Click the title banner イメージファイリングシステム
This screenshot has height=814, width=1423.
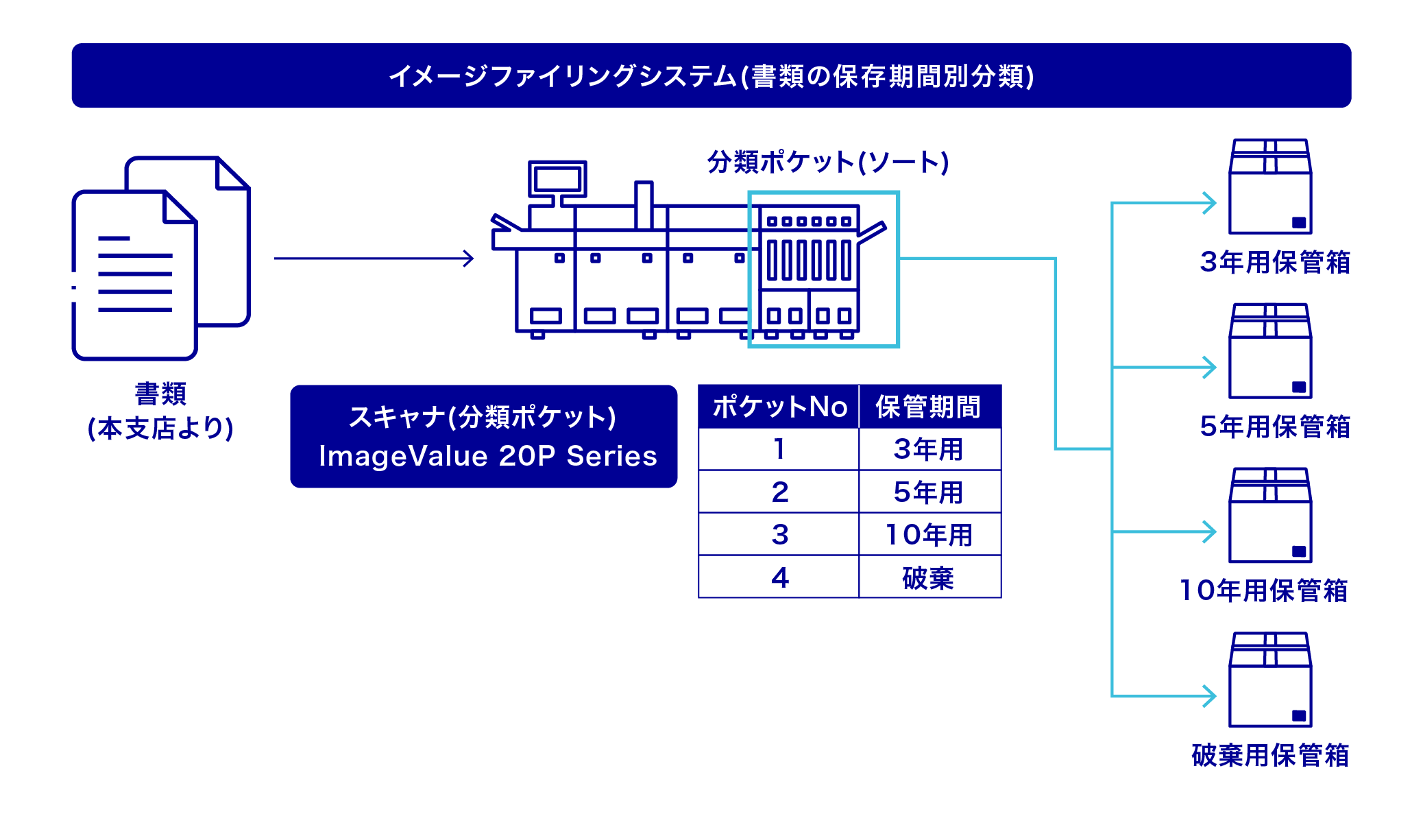tap(711, 75)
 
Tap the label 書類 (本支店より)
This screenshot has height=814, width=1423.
tap(160, 411)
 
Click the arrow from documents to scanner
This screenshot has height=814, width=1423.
tap(374, 259)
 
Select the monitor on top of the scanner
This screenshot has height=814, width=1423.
tap(557, 179)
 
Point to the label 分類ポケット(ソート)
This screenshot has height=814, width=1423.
tap(828, 163)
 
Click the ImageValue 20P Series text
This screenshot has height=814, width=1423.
tap(488, 456)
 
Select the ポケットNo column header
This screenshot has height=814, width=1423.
tap(779, 407)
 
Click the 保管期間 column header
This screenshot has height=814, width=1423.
tap(929, 407)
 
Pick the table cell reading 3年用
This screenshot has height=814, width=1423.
tap(929, 449)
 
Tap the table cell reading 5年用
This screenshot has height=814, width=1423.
tap(929, 492)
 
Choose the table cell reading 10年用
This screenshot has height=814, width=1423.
tap(929, 534)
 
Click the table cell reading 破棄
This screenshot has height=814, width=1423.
tap(929, 577)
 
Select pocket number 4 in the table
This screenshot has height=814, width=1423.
tap(779, 577)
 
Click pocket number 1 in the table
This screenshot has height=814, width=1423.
tap(779, 449)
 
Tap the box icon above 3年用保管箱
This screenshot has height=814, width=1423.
tap(1270, 187)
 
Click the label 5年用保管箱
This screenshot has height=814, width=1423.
tap(1275, 427)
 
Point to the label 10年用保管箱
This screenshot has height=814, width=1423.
tap(1263, 590)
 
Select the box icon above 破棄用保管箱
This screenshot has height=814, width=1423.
tap(1270, 680)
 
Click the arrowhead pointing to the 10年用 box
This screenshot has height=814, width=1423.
tap(1211, 531)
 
